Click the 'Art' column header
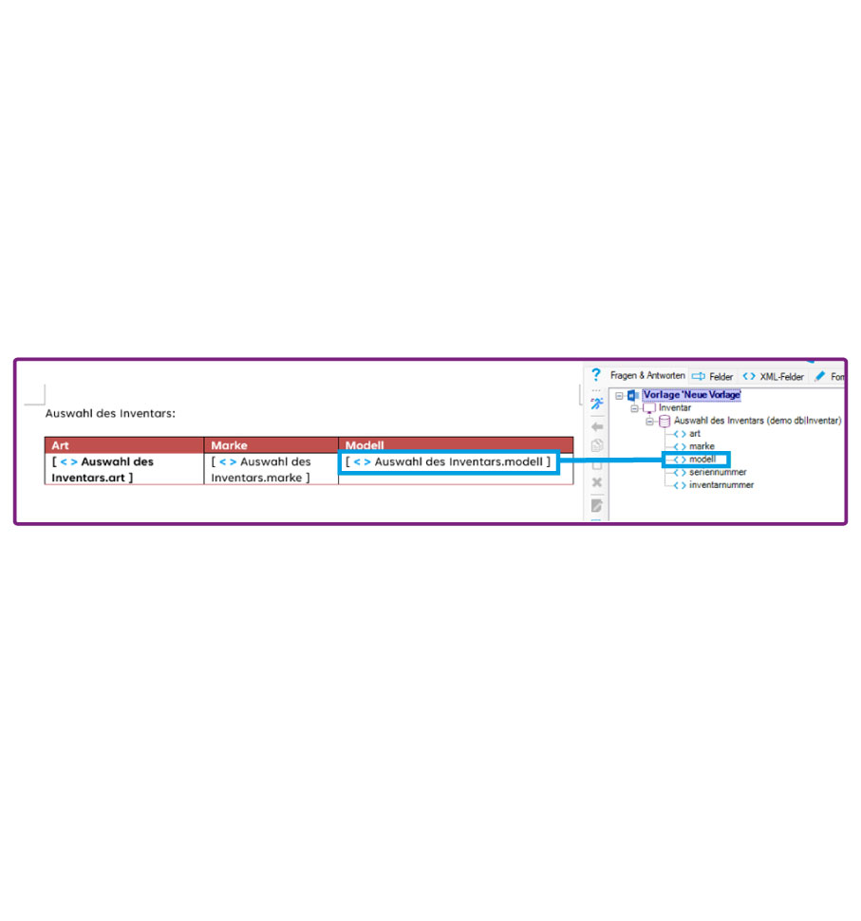60,445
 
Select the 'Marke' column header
229,445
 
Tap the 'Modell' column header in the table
365,445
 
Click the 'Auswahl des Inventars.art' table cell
103,469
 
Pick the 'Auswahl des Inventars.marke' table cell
261,469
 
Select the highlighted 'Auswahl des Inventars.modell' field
448,461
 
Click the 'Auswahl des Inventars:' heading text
110,414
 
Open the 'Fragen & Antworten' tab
647,375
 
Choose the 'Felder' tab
712,377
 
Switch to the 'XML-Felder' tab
773,377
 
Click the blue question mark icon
596,375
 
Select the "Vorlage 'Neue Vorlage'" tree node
691,395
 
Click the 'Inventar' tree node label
675,407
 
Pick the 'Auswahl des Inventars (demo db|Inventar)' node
758,421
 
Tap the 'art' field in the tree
695,434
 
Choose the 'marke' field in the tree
702,446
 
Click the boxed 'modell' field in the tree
702,460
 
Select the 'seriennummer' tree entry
718,472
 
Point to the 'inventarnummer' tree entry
721,485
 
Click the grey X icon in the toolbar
597,482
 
